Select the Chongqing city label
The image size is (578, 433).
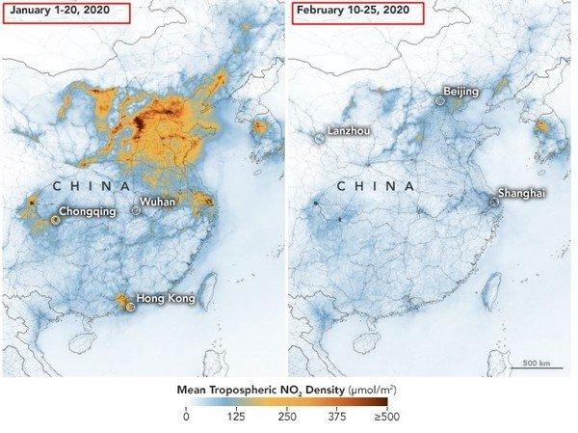pyautogui.click(x=88, y=210)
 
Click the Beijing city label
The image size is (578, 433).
pyautogui.click(x=460, y=91)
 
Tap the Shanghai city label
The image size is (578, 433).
pyautogui.click(x=521, y=193)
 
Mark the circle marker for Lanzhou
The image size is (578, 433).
pyautogui.click(x=319, y=139)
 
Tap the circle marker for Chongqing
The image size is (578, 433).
pyautogui.click(x=56, y=219)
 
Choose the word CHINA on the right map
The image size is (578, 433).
pyautogui.click(x=379, y=185)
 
